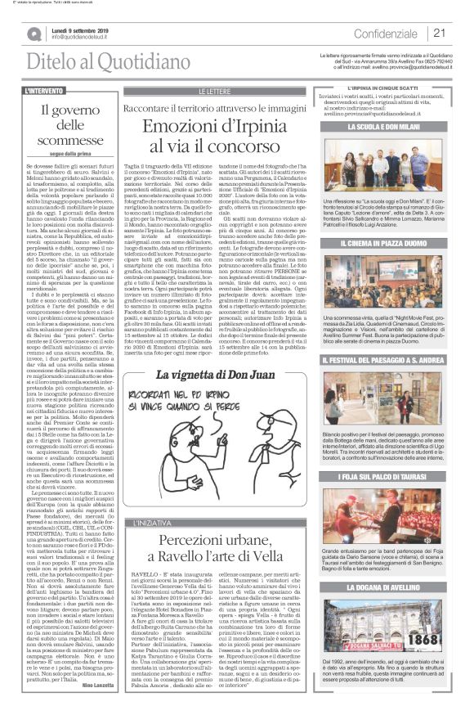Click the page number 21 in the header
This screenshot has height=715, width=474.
[438, 33]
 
